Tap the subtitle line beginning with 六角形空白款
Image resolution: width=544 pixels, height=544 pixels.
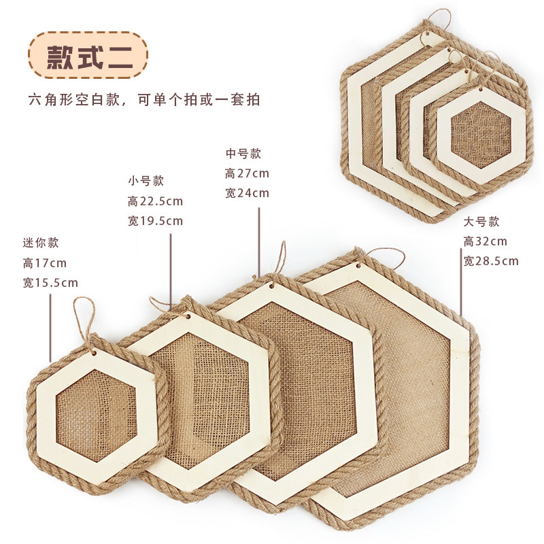click(x=145, y=99)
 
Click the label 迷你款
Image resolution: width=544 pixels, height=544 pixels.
click(x=41, y=243)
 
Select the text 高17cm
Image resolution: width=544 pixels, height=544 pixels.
click(x=45, y=262)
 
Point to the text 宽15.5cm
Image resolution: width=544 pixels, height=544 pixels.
click(x=50, y=282)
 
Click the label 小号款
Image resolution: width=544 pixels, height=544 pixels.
click(x=146, y=181)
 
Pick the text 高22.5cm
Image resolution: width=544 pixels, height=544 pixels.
click(x=155, y=201)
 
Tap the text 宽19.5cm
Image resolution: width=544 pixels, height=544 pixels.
click(x=155, y=220)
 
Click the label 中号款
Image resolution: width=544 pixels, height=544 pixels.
click(x=243, y=154)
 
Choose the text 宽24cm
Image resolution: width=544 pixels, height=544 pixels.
click(x=247, y=193)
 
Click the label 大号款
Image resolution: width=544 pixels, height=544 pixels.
click(x=481, y=222)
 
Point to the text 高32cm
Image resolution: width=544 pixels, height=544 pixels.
click(x=485, y=241)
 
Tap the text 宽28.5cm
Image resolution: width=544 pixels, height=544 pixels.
click(x=491, y=260)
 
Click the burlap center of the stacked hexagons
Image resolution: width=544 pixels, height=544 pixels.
click(x=481, y=137)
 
